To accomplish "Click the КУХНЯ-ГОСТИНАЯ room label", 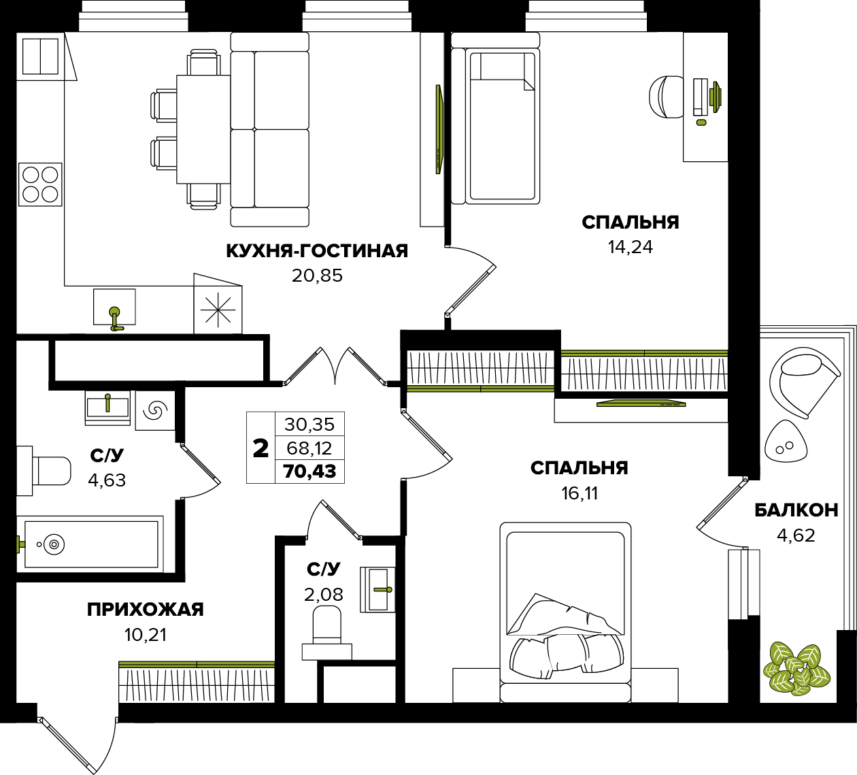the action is (317, 251).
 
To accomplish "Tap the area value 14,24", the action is (630, 248).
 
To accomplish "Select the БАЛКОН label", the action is (796, 510).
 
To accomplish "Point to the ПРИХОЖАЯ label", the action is (146, 610).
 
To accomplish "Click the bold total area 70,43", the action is (309, 472).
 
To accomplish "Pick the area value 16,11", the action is (579, 494).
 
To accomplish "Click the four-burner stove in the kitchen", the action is (40, 184).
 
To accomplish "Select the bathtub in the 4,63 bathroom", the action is (90, 544).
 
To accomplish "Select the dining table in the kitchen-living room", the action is (204, 129).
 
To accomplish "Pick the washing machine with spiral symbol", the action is (155, 410).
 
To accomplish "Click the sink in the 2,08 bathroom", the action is (377, 589).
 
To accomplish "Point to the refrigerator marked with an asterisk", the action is (218, 309).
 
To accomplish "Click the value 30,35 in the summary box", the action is (309, 425).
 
